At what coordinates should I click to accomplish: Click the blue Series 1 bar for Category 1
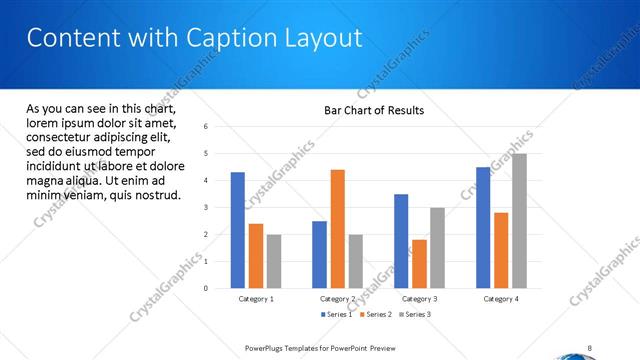238,230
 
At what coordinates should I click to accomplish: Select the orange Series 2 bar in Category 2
338,229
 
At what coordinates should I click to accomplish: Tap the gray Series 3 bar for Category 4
520,221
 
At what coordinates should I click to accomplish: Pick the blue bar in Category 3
401,241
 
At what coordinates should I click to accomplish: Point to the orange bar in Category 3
419,264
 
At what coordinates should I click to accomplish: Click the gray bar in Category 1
274,261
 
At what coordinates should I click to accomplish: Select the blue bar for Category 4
484,227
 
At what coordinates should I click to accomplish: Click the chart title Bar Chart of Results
374,110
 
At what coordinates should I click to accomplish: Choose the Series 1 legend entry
337,315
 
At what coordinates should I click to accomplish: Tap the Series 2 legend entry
375,315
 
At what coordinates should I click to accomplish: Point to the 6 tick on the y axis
205,127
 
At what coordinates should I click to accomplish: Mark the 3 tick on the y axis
205,208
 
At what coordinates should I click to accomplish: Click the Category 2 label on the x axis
338,299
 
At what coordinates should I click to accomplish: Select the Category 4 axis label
502,299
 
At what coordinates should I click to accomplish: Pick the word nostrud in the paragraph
157,194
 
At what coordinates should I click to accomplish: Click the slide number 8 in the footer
590,348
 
